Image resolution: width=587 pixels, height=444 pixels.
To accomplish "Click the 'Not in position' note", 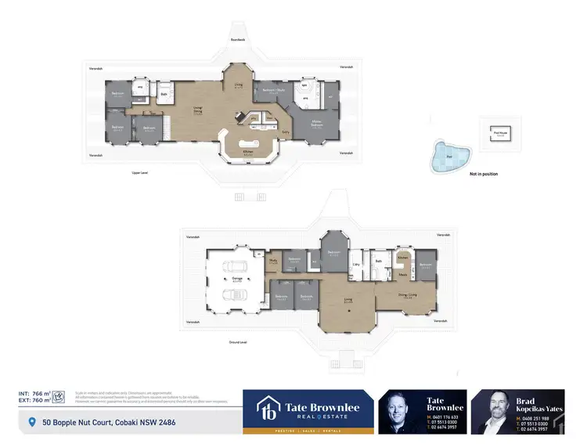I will (x=483, y=174).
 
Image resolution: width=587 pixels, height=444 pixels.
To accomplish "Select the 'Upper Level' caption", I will (x=142, y=173).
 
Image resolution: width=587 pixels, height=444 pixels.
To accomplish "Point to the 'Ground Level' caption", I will (x=238, y=342).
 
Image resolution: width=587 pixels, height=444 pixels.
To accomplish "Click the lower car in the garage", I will (x=234, y=294).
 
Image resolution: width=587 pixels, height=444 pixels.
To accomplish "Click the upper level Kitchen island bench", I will (x=247, y=150).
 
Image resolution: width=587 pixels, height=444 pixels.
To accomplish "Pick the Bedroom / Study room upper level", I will (x=273, y=92).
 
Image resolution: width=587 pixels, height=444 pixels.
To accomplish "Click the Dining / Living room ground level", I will (x=406, y=294).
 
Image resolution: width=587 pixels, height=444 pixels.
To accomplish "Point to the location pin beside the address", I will (x=32, y=423).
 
